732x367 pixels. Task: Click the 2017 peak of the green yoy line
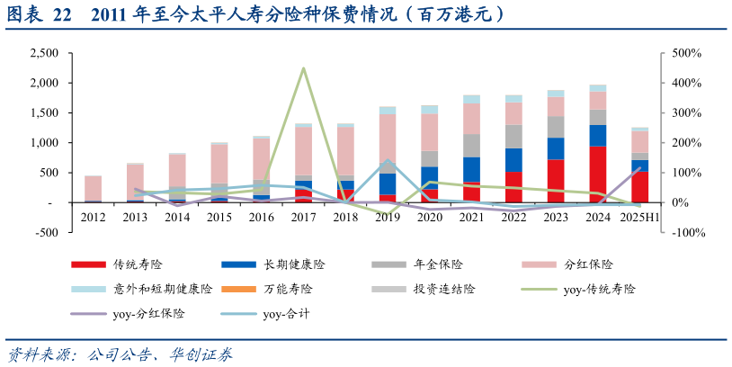303,68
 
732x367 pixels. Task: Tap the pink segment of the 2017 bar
303,150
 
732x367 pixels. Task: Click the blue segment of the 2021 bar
471,169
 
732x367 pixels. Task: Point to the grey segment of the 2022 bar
513,136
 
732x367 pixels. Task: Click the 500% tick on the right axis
685,53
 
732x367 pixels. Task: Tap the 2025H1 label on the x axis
639,217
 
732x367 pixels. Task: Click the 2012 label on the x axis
93,217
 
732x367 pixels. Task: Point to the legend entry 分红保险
588,264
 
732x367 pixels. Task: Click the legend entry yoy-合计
286,314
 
